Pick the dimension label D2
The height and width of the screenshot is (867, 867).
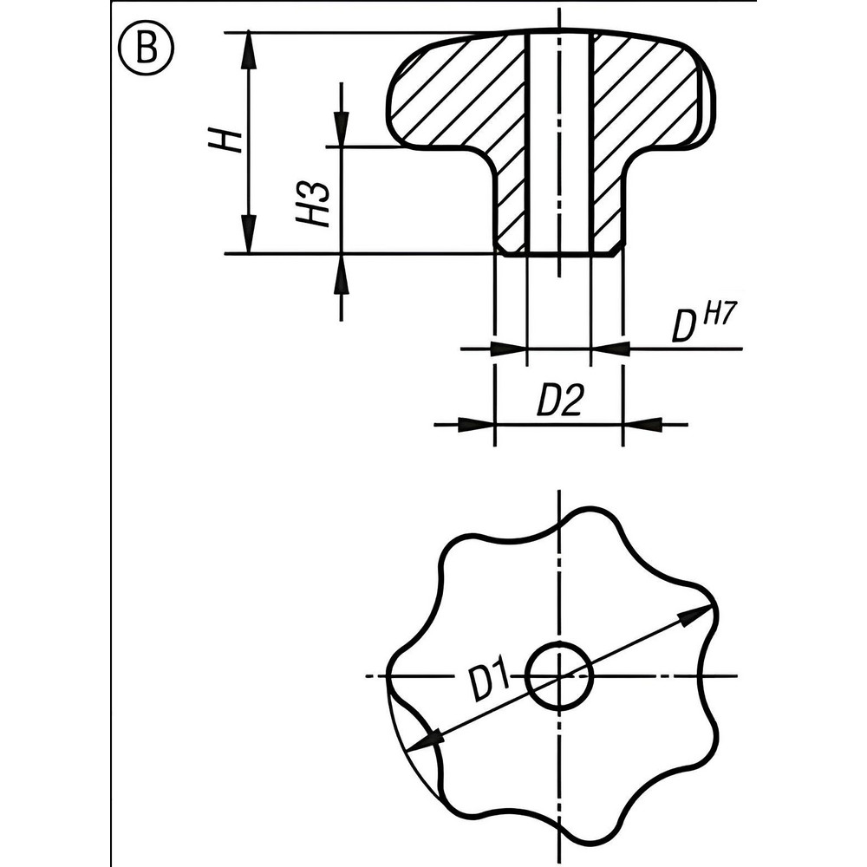pyautogui.click(x=559, y=401)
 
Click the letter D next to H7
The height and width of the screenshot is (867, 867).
pyautogui.click(x=684, y=326)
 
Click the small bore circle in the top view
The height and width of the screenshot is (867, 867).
pyautogui.click(x=559, y=675)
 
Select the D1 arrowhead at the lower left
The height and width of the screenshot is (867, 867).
pyautogui.click(x=422, y=739)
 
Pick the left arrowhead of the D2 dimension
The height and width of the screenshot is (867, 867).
pyautogui.click(x=477, y=424)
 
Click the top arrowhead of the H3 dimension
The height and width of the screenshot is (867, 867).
pyautogui.click(x=342, y=130)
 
